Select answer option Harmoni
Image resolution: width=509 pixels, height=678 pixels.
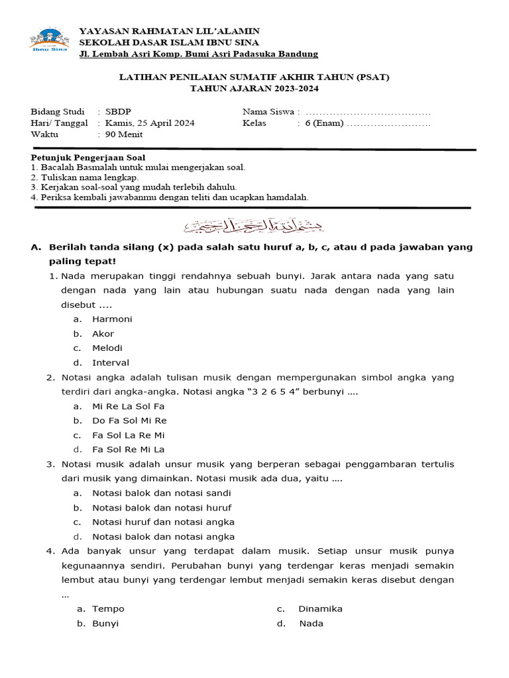pos(112,319)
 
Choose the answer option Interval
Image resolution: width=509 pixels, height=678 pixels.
pos(111,363)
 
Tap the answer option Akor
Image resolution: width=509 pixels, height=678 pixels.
pos(103,334)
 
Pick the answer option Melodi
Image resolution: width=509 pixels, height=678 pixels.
pos(107,348)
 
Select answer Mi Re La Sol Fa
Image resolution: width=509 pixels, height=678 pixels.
pos(128,406)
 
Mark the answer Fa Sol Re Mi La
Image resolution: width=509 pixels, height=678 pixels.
pos(128,450)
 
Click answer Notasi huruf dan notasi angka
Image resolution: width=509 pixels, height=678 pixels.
pos(163,522)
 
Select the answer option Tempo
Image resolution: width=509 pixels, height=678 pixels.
pos(108,609)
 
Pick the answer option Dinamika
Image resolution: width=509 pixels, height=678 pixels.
pos(320,609)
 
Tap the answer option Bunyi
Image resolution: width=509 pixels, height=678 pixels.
pos(106,624)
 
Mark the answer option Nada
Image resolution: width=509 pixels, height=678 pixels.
pos(311,624)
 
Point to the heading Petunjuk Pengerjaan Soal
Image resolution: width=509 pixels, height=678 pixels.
pos(88,158)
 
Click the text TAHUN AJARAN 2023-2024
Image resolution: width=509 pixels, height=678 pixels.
pos(254,88)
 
